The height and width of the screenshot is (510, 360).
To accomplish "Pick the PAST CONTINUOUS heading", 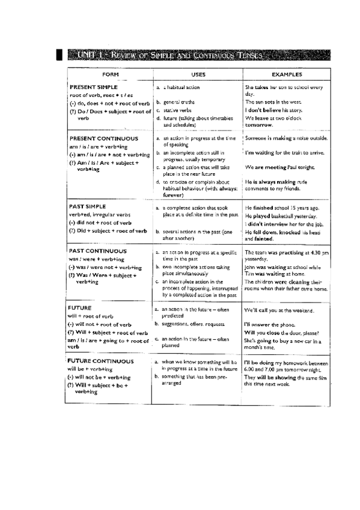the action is (97, 250).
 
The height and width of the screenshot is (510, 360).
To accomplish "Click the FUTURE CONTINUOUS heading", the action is (101, 361).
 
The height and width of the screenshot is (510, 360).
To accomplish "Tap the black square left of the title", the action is (58, 56).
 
